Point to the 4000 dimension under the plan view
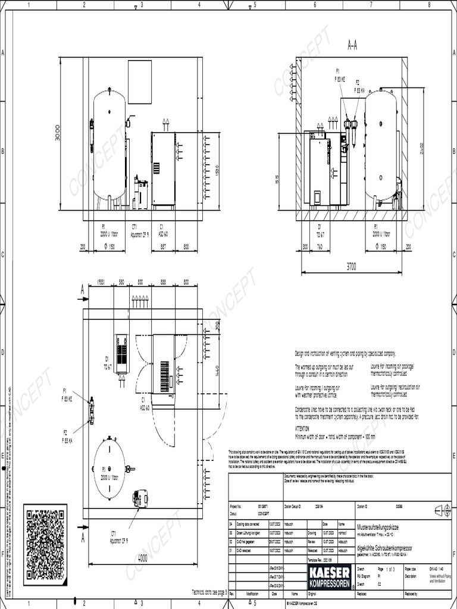pos(142,558)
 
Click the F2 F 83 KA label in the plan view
pos(66,437)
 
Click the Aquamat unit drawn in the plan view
pos(141,498)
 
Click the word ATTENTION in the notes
pos(303,428)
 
